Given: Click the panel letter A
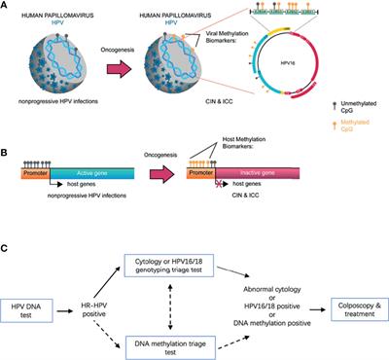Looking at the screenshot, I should [x=6, y=6].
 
